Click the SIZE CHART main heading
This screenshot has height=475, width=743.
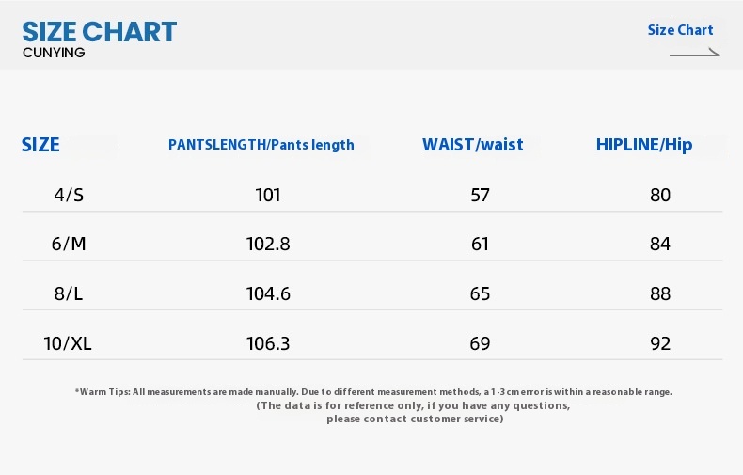[100, 32]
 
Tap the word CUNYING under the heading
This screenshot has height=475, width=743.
[54, 53]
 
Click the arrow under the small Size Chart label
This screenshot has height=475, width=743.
[695, 54]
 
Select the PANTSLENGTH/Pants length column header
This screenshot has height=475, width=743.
[261, 145]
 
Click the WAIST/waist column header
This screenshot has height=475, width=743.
[473, 145]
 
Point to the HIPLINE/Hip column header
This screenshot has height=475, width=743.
[644, 145]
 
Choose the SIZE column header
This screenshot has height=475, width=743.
[40, 145]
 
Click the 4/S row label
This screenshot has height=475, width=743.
[69, 195]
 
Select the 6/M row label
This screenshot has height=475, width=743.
[69, 244]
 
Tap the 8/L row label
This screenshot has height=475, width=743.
[69, 293]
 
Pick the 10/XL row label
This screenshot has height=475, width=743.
[68, 343]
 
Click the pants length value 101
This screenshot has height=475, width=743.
[268, 195]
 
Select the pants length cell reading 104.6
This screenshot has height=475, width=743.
[268, 293]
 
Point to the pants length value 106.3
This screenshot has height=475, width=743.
[268, 343]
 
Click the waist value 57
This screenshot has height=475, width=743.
[480, 195]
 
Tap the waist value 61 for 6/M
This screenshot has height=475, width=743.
[480, 244]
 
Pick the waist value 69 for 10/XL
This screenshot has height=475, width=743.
[480, 343]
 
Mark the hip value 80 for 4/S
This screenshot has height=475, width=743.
[660, 195]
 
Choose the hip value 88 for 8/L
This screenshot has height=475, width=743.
[660, 293]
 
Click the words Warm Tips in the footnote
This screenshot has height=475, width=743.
[103, 392]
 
